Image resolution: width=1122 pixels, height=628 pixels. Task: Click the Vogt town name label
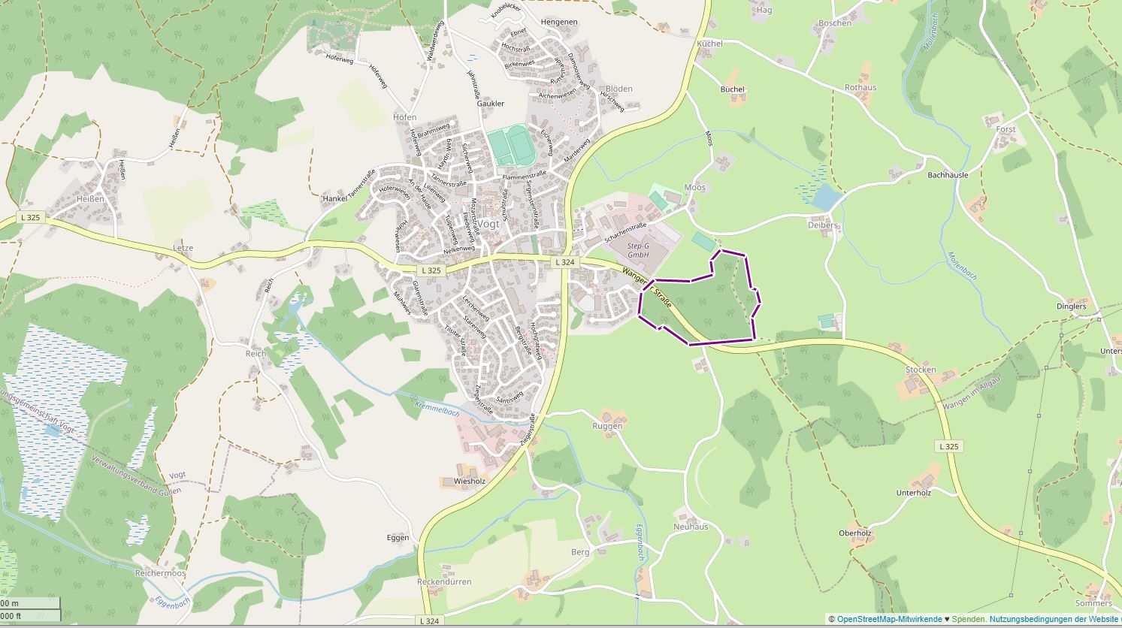pos(488,225)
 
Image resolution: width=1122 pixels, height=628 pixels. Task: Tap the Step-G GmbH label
pos(638,250)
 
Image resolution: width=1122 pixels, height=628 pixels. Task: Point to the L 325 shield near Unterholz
pos(948,446)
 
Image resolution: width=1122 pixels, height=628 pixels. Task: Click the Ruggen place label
pos(607,426)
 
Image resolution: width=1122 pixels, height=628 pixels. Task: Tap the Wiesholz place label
pos(470,481)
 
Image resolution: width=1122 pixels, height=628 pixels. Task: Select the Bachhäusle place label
pos(948,174)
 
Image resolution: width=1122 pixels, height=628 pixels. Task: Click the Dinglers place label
pos(1071,306)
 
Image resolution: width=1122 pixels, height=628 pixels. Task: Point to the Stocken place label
pos(921,370)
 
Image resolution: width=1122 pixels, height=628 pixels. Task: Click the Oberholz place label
pos(854,533)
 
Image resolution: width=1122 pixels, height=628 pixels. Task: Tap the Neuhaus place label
pos(690,527)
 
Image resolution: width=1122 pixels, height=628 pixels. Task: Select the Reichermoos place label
pos(159,572)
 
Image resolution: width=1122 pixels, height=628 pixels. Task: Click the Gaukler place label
pos(491,104)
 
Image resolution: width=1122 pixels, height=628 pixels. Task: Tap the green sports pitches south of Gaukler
pos(509,145)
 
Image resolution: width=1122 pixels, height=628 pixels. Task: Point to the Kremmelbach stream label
pos(437,409)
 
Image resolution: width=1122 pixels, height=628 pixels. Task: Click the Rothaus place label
pos(860,88)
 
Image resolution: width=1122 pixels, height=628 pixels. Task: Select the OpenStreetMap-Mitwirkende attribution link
pos(888,620)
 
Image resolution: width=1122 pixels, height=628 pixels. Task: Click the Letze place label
pos(183,248)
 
